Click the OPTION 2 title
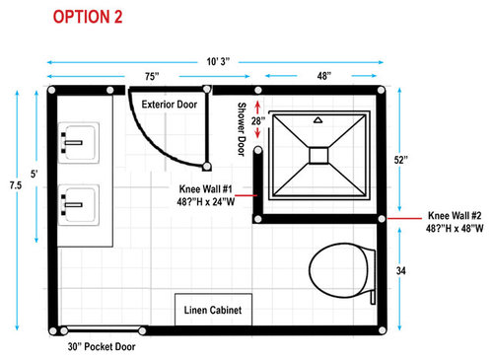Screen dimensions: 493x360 (x=88, y=17)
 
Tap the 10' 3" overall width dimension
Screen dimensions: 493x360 (x=218, y=61)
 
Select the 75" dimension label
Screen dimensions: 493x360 (x=152, y=76)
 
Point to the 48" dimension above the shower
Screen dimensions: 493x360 (x=324, y=76)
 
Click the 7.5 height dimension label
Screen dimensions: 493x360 (x=16, y=185)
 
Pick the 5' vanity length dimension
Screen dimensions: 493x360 (x=35, y=174)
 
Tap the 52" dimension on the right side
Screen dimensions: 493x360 (x=401, y=160)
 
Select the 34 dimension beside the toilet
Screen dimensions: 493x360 (x=401, y=271)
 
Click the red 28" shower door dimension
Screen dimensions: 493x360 (x=258, y=121)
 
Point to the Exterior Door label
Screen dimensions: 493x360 (x=170, y=105)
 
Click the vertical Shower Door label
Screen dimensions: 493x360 (x=242, y=129)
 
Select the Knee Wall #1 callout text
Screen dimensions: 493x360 (x=206, y=195)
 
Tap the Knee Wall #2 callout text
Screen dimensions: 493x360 (x=455, y=222)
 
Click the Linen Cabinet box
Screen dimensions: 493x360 (x=213, y=310)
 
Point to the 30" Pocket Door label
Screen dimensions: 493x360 (x=102, y=346)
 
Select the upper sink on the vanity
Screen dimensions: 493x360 (x=79, y=143)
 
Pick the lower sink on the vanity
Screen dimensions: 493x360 (x=79, y=205)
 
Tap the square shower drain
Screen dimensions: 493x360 (x=318, y=156)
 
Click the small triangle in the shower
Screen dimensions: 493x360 (x=317, y=120)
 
